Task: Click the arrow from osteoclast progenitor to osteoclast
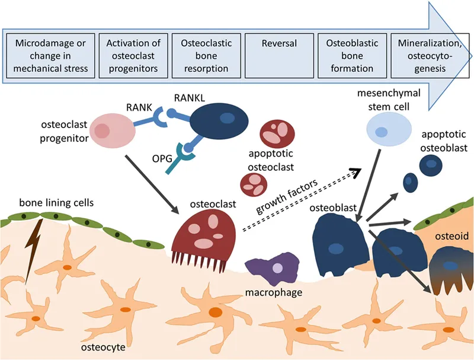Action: [x=152, y=183]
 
